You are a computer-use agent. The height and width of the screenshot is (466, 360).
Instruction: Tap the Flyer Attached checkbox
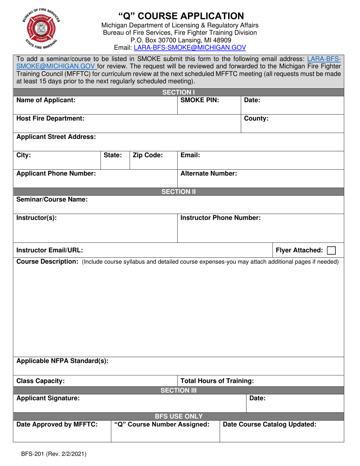pyautogui.click(x=331, y=250)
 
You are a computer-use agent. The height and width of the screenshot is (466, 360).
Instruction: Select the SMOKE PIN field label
pyautogui.click(x=200, y=100)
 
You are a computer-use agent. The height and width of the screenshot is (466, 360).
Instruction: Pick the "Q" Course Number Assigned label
pyautogui.click(x=162, y=424)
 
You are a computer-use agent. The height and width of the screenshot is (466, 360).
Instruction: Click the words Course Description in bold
pyautogui.click(x=47, y=262)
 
